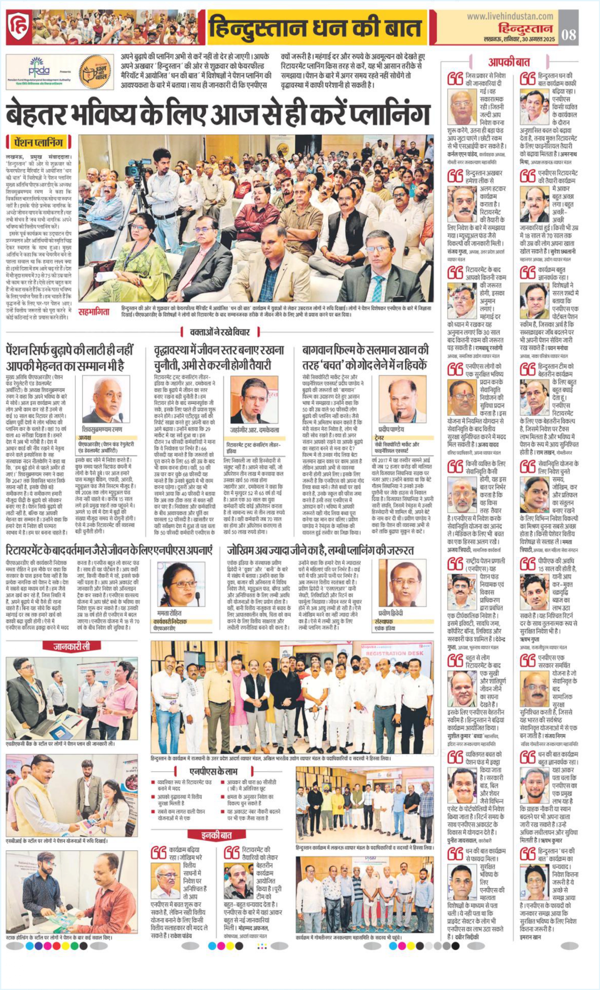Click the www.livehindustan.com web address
tap(510, 16)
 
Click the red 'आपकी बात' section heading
tap(509, 62)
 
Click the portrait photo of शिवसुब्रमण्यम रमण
tap(106, 399)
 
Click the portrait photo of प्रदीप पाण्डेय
tap(402, 399)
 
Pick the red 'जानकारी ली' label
tap(71, 646)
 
